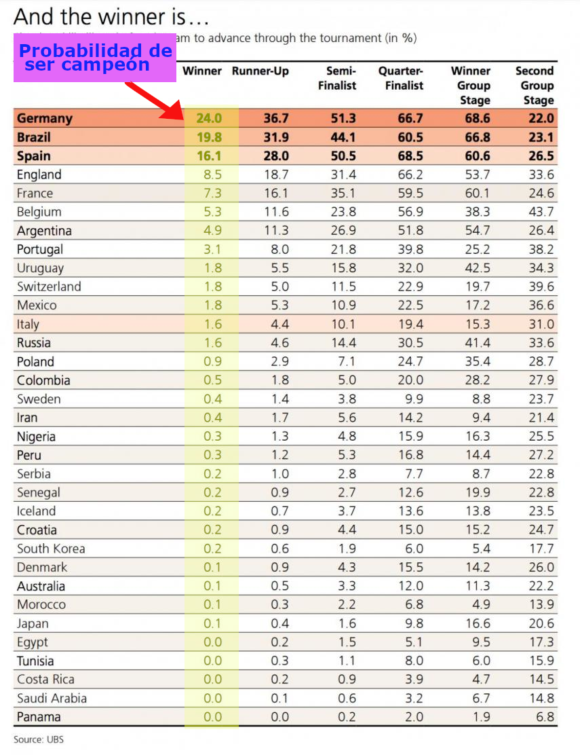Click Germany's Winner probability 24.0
[209, 118]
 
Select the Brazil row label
[34, 137]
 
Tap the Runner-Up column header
[260, 71]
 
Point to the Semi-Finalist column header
[342, 78]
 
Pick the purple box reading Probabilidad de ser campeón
[95, 60]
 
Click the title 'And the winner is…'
[111, 16]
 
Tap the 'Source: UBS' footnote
[39, 739]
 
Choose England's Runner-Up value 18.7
[276, 174]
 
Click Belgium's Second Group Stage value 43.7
[541, 212]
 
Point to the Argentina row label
[44, 231]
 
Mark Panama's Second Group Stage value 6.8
[545, 717]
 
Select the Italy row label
[28, 325]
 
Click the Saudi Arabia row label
[52, 698]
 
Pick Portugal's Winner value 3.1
[212, 249]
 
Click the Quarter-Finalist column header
[400, 78]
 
